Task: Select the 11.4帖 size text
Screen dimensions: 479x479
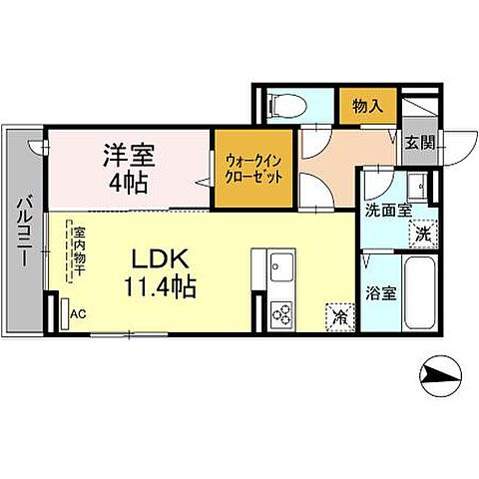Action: click(x=160, y=286)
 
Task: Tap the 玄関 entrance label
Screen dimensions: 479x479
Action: click(x=417, y=142)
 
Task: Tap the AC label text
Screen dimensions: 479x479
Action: click(x=79, y=312)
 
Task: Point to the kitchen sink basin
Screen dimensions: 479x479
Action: click(x=280, y=266)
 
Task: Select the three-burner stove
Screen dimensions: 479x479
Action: click(x=280, y=312)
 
